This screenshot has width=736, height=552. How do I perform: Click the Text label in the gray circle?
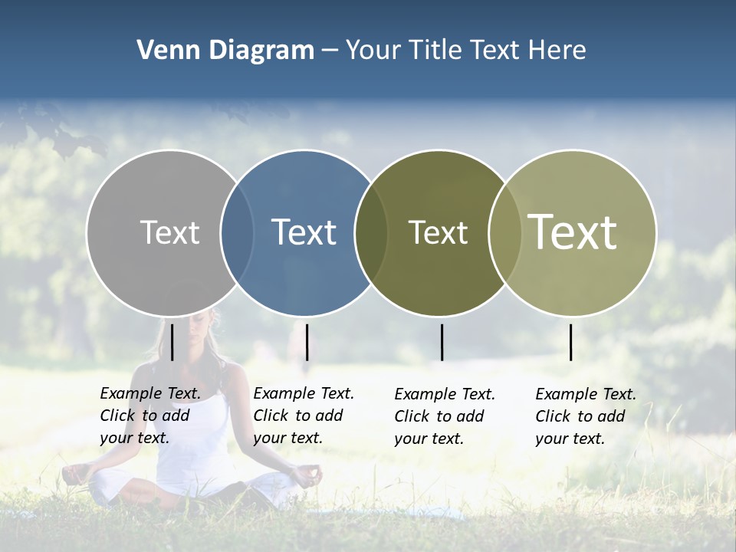[x=169, y=232]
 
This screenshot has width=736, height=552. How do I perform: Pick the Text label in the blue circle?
[x=304, y=232]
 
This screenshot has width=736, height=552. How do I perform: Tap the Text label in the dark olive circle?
[x=438, y=232]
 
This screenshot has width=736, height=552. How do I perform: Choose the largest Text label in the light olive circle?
[x=573, y=232]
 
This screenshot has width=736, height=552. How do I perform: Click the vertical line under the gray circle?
[x=172, y=342]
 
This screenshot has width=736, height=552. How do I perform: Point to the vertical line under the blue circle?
[x=307, y=342]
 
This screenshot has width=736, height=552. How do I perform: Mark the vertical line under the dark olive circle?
[x=442, y=342]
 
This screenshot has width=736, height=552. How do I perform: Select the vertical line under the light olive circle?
[x=570, y=342]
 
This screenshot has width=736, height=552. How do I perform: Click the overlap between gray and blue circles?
[x=237, y=232]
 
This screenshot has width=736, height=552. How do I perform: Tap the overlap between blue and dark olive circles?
[x=371, y=232]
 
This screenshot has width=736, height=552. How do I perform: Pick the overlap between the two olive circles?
[x=504, y=232]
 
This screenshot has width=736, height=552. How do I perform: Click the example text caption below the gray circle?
[x=149, y=416]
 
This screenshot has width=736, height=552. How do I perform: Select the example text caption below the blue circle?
[x=303, y=416]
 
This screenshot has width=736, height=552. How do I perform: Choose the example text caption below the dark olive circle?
[x=444, y=416]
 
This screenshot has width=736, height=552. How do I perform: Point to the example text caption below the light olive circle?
[x=585, y=416]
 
